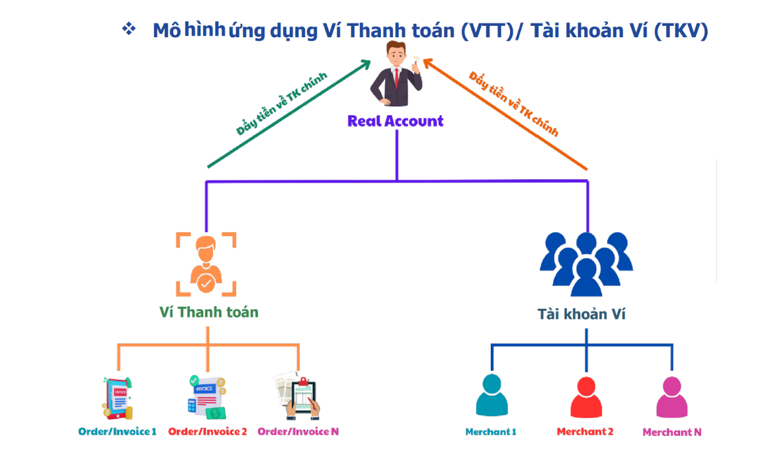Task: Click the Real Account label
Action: (396, 121)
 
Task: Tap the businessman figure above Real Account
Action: (396, 73)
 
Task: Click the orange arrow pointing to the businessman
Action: (505, 114)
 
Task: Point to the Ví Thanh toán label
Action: (209, 312)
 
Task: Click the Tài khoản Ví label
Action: (581, 314)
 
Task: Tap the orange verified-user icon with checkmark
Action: (206, 264)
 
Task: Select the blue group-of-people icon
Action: (586, 264)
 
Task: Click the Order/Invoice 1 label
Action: (118, 431)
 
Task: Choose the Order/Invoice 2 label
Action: (207, 431)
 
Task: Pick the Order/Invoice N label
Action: (298, 431)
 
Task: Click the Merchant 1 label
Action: (491, 432)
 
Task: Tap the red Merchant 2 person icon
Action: (586, 398)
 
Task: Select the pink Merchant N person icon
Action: (672, 398)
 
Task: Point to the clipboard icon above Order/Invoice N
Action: (297, 396)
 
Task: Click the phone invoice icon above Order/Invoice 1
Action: (118, 398)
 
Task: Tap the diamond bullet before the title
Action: (129, 28)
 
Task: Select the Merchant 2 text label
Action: (585, 432)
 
